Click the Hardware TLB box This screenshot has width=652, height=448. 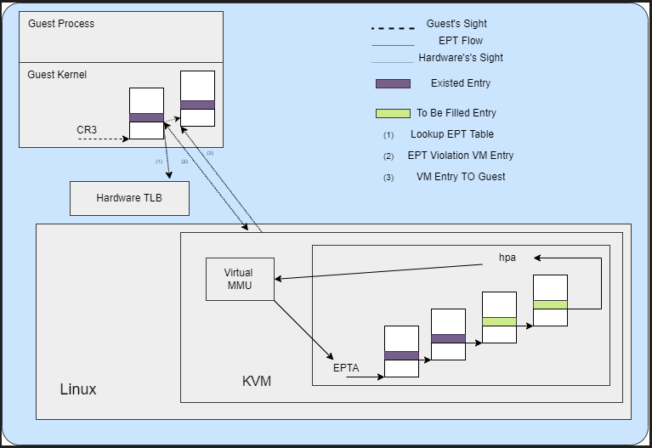click(129, 198)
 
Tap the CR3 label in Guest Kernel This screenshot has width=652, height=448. click(88, 130)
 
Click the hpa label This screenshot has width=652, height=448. click(507, 257)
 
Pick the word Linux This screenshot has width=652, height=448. click(78, 389)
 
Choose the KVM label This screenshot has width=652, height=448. click(257, 381)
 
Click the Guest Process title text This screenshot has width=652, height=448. click(61, 24)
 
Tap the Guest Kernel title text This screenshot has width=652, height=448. click(57, 75)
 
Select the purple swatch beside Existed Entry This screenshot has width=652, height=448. click(393, 83)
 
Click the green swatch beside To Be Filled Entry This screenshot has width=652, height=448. click(393, 113)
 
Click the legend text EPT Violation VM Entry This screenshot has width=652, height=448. click(461, 156)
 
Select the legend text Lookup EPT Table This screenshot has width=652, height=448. click(452, 134)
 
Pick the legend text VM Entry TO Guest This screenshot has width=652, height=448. click(461, 177)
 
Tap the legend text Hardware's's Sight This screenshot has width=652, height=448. click(461, 58)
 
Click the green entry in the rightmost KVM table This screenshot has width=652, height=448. click(550, 304)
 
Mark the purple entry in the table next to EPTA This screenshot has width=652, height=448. click(401, 355)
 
